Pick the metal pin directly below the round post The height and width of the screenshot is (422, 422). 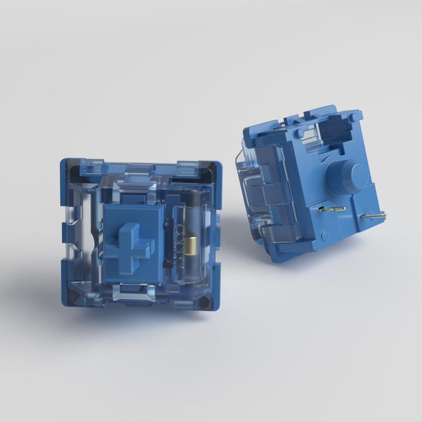[x=332, y=208]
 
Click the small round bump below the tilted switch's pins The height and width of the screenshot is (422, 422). [x=324, y=236]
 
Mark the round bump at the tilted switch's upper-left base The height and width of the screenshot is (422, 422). [x=299, y=134]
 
